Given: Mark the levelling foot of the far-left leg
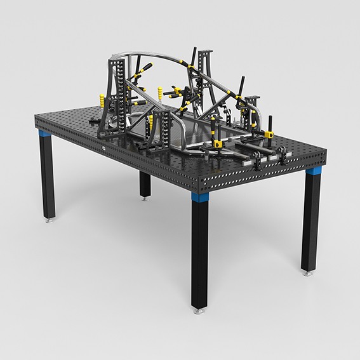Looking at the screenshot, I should coord(50,222).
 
